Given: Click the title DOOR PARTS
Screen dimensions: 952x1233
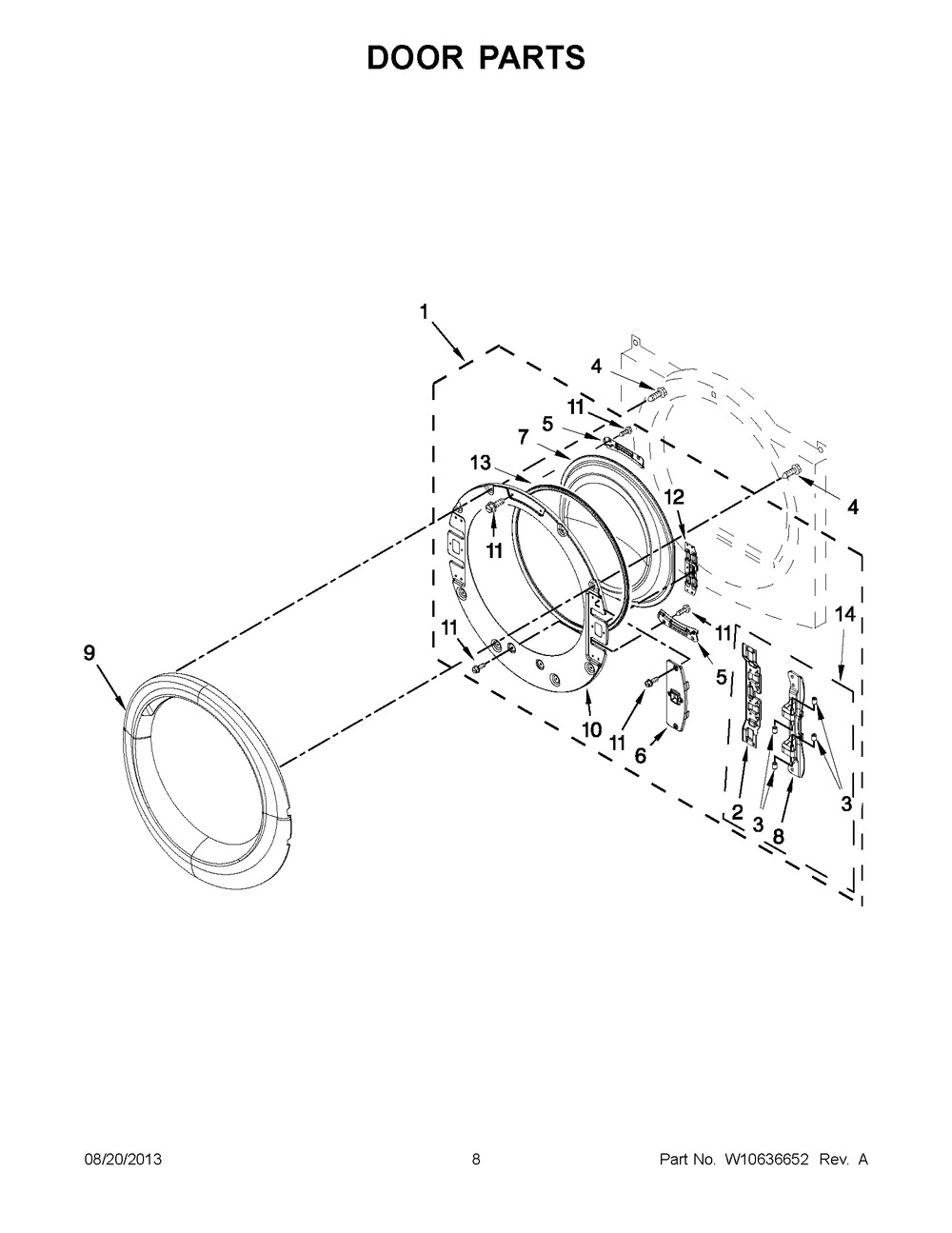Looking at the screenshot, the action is click(475, 57).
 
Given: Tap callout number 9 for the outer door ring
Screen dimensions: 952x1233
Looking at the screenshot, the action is click(89, 653).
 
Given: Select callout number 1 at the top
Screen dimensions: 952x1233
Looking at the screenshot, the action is click(424, 311).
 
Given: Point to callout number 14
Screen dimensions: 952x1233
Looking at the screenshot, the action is click(844, 614).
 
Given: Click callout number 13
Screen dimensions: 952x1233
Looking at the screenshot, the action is click(480, 463).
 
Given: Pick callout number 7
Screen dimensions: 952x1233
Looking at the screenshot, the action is click(523, 437).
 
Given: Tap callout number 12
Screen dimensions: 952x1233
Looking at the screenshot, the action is click(675, 497).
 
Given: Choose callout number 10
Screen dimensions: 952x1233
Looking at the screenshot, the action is click(592, 729).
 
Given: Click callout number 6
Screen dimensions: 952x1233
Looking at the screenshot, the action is click(641, 756).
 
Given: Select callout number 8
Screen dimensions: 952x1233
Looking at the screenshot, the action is click(779, 836).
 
